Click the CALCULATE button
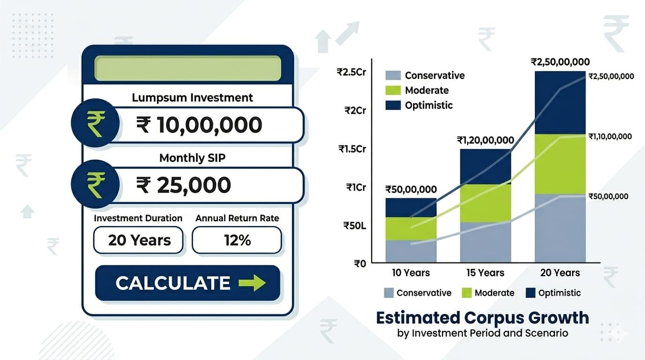[187, 283]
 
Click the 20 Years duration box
[139, 240]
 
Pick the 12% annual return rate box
[237, 240]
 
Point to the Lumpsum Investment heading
[192, 97]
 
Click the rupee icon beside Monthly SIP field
[95, 184]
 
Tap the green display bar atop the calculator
[187, 68]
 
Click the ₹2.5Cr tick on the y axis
[351, 72]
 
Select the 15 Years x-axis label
[485, 273]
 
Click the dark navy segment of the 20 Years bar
[560, 102]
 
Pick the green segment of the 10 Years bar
[411, 229]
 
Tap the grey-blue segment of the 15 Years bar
[485, 242]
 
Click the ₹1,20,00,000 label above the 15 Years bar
[485, 140]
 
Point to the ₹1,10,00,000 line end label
[610, 136]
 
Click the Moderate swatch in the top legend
[393, 90]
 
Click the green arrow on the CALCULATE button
[252, 283]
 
